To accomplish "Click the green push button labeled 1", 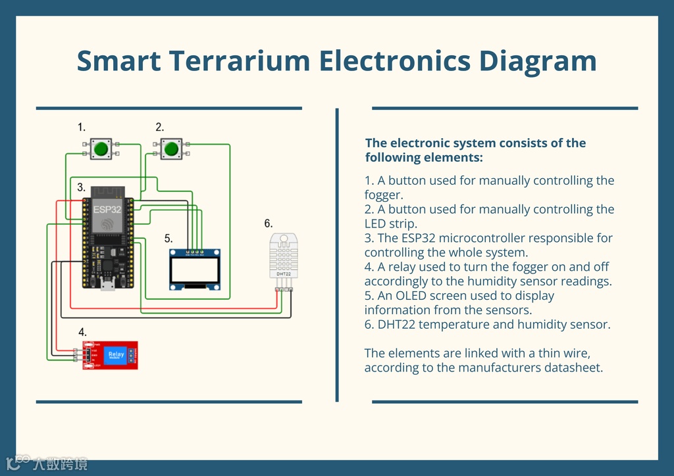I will (101, 149).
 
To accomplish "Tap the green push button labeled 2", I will (172, 149).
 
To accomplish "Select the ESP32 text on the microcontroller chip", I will (107, 210).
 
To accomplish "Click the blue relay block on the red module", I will (117, 355).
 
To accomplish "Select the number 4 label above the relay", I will (82, 332).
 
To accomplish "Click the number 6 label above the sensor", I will (268, 224).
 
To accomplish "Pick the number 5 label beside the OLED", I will (168, 239).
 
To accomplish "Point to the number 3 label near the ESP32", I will (81, 187).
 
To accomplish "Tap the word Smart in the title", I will (118, 61).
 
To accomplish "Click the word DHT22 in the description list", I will (399, 325).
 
